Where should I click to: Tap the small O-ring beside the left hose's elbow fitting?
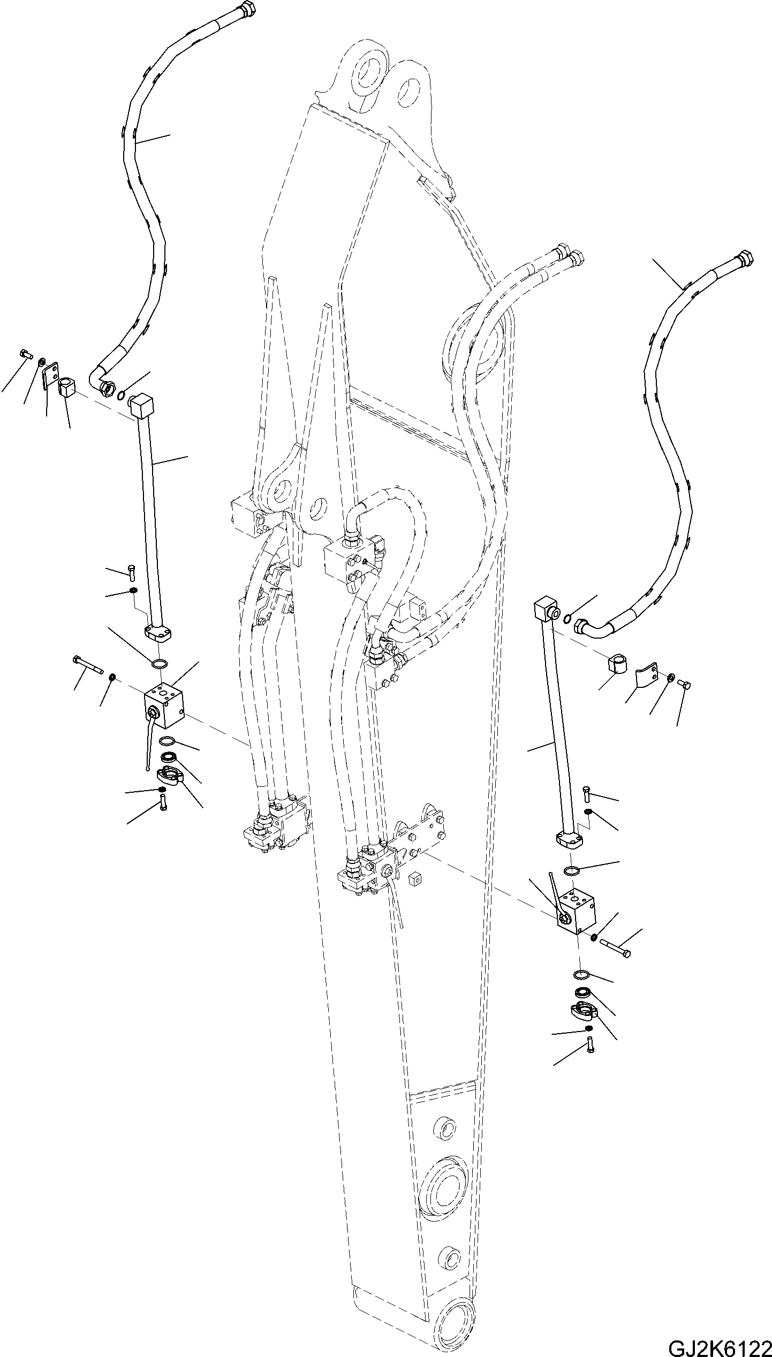[123, 395]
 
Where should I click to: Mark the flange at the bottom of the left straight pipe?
[158, 635]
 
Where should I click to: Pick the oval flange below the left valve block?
[169, 776]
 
